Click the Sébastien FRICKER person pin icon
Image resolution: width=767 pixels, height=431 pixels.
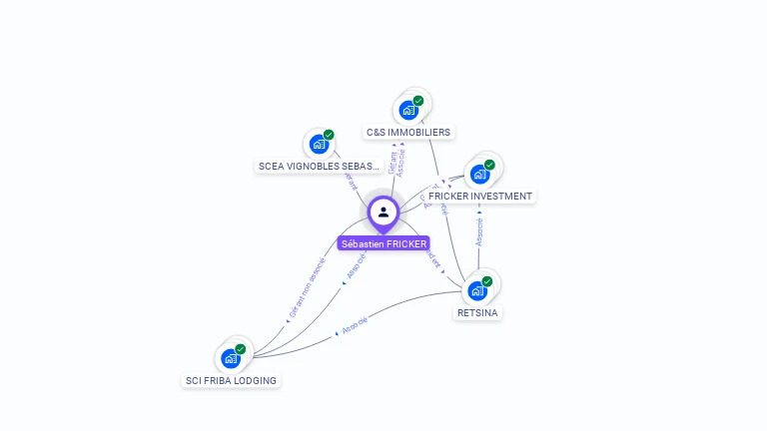(383, 212)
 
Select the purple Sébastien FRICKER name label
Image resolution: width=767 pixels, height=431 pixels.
(383, 243)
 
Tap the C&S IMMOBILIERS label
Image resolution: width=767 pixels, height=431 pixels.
(408, 132)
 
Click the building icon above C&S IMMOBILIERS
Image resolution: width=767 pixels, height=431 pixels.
(407, 110)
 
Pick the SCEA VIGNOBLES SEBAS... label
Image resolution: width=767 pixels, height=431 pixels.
(320, 166)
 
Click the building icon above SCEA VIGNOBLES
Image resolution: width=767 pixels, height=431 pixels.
(318, 144)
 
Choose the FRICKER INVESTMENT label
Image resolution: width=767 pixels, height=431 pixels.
(480, 196)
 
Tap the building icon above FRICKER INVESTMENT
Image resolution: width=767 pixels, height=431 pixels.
(479, 174)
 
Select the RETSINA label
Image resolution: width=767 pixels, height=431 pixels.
(477, 312)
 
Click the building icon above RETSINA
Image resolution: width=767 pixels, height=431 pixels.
(476, 290)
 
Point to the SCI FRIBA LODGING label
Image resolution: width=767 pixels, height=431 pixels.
(231, 380)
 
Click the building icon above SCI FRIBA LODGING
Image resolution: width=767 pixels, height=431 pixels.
(231, 358)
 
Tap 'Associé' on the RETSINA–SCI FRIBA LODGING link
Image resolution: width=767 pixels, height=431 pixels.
(354, 324)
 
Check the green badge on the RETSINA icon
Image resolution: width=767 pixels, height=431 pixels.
(486, 281)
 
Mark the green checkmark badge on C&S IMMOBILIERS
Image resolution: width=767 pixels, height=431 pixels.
(418, 101)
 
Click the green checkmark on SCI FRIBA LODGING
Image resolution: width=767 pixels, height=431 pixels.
(241, 349)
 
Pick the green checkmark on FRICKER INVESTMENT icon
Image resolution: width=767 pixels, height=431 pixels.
(489, 165)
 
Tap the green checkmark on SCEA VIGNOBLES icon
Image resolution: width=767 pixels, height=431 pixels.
(329, 135)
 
